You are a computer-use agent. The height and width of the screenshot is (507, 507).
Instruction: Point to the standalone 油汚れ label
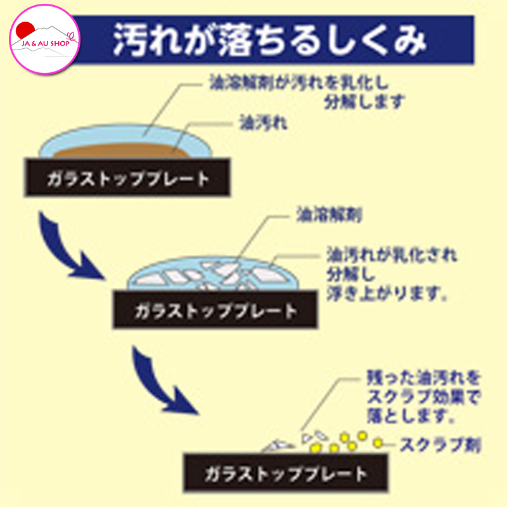click(263, 123)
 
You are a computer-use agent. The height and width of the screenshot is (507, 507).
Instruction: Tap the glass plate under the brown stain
click(127, 179)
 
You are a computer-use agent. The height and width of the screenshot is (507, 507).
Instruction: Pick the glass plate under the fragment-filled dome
click(215, 311)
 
